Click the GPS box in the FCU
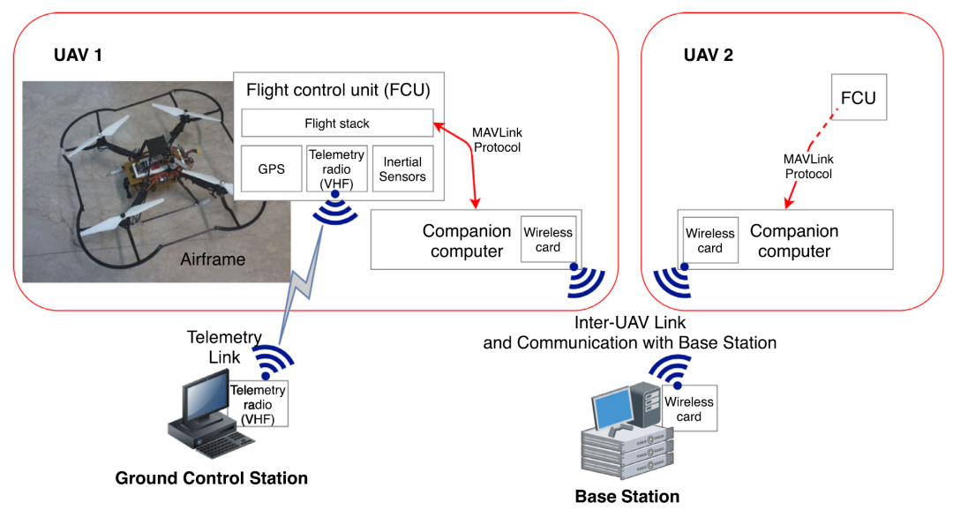[272, 169]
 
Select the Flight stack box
[337, 124]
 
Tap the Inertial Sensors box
[403, 169]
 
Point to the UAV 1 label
[79, 56]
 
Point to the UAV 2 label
[709, 56]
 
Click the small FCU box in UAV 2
[858, 97]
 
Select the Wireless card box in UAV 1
[548, 240]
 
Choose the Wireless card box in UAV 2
[710, 240]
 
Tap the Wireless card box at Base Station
[689, 409]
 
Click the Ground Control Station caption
[212, 478]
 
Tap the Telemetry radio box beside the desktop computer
[258, 405]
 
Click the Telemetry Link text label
[224, 346]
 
